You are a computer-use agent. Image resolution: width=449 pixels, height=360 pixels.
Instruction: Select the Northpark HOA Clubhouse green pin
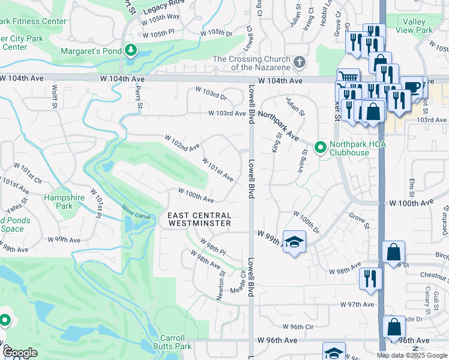tap(320, 146)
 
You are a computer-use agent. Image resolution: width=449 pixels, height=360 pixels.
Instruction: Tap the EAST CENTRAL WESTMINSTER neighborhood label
tap(199, 219)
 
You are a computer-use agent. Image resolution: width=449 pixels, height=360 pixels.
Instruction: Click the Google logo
tap(19, 353)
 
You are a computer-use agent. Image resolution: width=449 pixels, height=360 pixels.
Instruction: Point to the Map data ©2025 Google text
tap(412, 355)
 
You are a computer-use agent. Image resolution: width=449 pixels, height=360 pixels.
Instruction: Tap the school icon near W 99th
tap(294, 242)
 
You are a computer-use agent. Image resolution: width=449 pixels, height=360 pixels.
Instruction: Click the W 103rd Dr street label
tap(211, 94)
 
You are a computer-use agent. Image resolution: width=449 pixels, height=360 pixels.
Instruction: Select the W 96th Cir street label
tap(302, 327)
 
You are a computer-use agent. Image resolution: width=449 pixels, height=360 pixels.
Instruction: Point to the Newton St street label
tap(221, 286)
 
